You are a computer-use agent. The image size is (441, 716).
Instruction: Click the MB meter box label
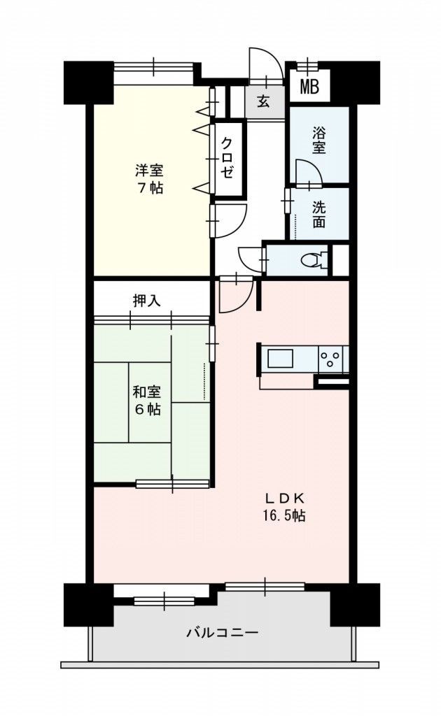309,86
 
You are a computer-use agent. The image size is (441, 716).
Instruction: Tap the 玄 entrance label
262,101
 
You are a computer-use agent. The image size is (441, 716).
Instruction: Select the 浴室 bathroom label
319,140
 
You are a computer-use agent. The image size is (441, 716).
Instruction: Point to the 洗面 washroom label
319,215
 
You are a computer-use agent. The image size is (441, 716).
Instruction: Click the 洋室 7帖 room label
149,179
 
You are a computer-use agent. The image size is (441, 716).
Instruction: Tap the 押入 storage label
146,301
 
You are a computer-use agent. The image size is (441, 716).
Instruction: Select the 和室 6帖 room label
147,401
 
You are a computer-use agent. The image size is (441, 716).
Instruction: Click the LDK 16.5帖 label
283,507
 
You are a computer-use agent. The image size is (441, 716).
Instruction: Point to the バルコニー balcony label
223,633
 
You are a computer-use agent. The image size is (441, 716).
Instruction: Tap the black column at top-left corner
87,83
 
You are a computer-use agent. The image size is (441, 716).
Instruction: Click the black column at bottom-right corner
355,605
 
